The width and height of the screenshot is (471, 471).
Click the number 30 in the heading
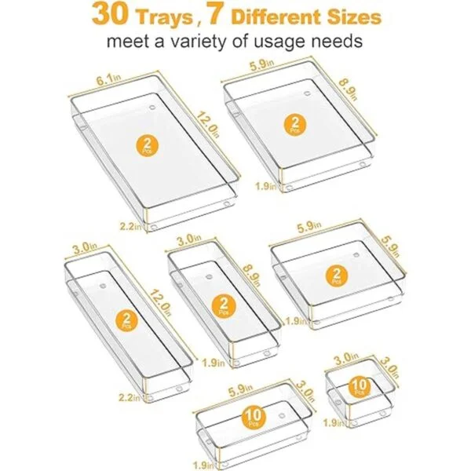tap(110, 14)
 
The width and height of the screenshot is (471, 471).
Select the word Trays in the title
tap(164, 17)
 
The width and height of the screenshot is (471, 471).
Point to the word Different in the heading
tap(276, 16)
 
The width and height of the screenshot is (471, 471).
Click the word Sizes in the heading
tap(355, 16)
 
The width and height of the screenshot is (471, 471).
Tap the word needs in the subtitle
tap(337, 41)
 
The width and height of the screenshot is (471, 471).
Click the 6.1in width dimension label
tap(108, 79)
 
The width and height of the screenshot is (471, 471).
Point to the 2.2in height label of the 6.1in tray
tap(130, 226)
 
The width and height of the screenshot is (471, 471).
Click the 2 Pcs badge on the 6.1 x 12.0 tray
tap(147, 146)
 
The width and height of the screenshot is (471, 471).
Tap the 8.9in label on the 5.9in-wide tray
tap(349, 89)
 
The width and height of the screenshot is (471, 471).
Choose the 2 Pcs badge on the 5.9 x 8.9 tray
tap(295, 124)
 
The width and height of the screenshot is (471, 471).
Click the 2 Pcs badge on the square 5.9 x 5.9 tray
tap(337, 276)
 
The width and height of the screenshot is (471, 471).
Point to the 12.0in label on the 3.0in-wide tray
tap(160, 302)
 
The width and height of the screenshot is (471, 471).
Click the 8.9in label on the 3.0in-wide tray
tap(252, 276)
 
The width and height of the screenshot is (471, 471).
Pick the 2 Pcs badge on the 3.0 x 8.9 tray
tap(224, 306)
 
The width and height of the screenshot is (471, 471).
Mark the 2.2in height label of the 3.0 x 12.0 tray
tap(130, 398)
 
